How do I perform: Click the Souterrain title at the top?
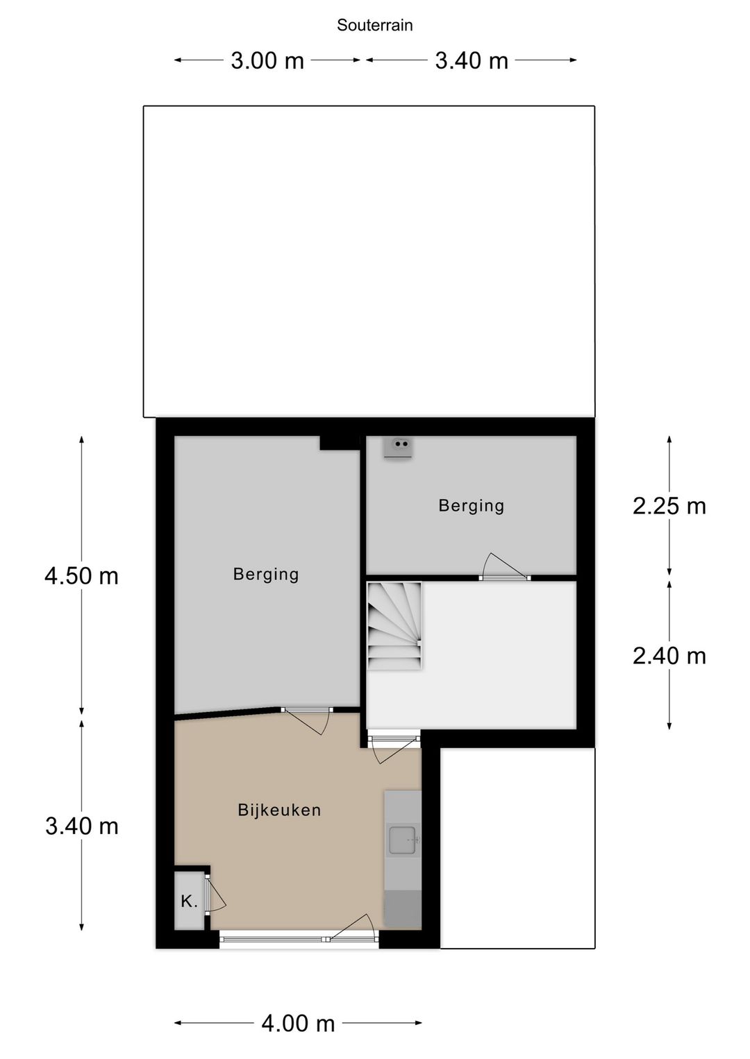(374, 26)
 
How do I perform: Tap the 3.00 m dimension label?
(267, 61)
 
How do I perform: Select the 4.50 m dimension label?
(81, 576)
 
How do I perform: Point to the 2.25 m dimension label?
(669, 506)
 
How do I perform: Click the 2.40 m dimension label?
(669, 656)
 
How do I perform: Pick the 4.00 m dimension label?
(298, 1023)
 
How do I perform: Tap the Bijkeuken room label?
(279, 810)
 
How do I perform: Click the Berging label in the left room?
(266, 574)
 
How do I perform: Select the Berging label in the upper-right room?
(471, 505)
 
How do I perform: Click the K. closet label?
(189, 901)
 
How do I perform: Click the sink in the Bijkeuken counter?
(402, 840)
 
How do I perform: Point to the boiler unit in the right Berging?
(400, 447)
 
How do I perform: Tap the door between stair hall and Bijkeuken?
(393, 748)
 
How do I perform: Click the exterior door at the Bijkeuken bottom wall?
(353, 929)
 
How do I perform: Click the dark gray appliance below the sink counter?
(403, 909)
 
